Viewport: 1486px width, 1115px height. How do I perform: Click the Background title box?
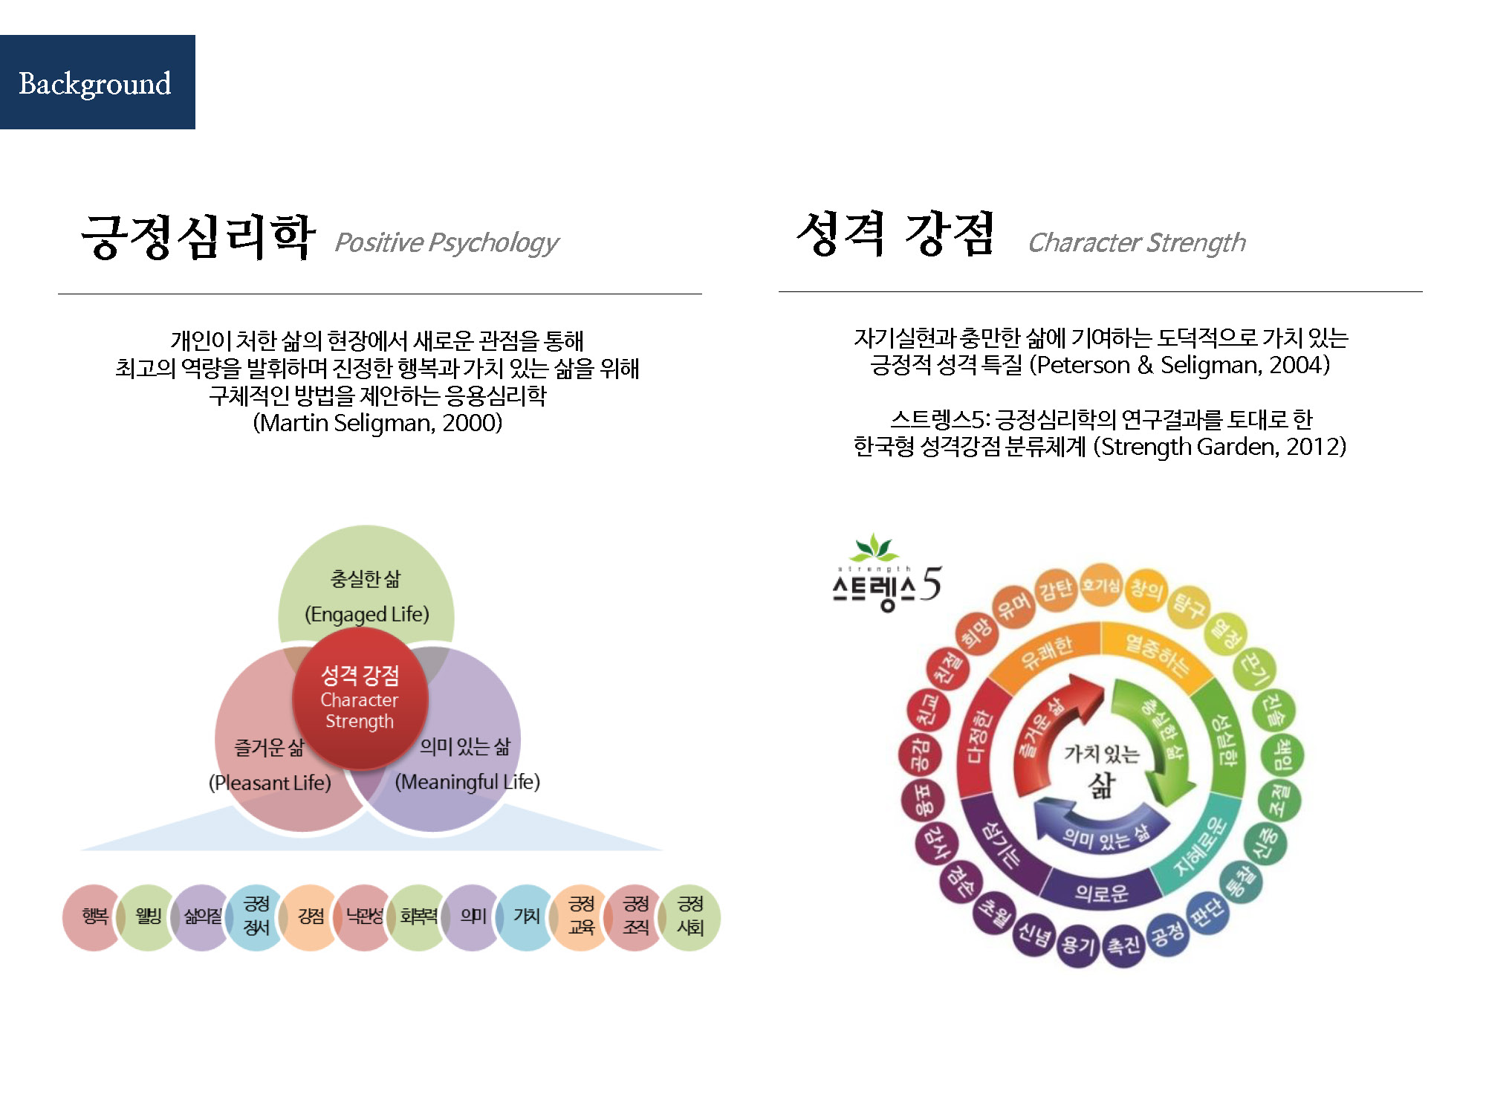pos(97,83)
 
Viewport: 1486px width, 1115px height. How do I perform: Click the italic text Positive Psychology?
pos(446,242)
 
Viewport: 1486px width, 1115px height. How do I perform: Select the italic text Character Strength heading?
pos(1136,242)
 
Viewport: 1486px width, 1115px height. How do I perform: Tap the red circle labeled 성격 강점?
pos(360,697)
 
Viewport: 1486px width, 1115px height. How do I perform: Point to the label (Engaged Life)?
pos(366,614)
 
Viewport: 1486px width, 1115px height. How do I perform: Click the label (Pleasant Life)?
pos(270,782)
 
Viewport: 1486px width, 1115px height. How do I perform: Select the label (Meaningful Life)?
pos(467,781)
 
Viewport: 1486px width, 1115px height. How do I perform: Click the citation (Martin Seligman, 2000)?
pos(377,423)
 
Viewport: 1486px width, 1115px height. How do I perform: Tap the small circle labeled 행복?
pos(94,917)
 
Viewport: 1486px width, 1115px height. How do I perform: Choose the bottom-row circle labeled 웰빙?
pos(148,917)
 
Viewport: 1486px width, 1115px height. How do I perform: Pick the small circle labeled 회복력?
pos(418,917)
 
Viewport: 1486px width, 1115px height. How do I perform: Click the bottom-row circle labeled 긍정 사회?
pos(690,917)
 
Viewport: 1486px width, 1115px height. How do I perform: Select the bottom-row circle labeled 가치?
pos(527,917)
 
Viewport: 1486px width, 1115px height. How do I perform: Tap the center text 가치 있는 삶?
pos(1102,769)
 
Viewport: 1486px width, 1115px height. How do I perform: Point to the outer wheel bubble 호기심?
pos(1100,586)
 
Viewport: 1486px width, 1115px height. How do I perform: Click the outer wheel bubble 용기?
pos(1078,945)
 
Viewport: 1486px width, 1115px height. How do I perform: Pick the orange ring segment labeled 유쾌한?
pos(1046,651)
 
